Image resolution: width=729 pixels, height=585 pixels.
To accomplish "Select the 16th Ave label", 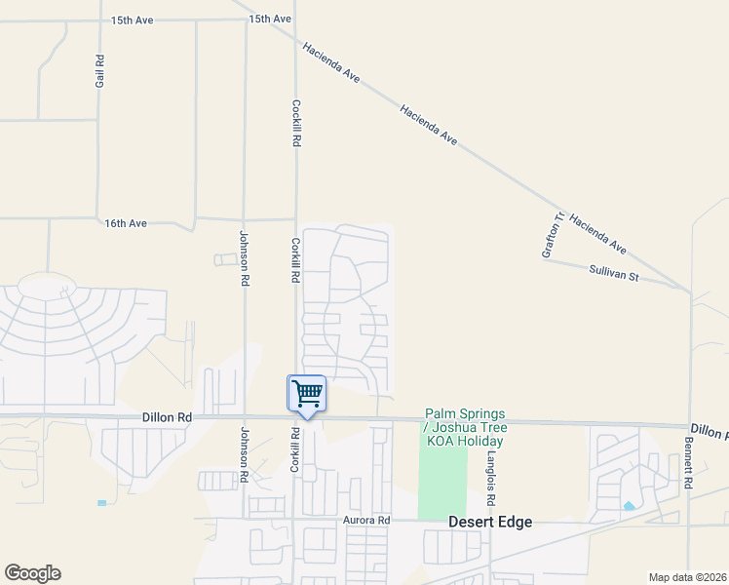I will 126,223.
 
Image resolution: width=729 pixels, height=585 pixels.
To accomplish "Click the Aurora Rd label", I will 365,520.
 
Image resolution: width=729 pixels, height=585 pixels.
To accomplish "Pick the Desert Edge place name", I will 490,522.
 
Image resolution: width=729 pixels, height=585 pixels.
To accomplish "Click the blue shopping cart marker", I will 307,395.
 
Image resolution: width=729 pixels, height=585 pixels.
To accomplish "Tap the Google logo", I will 32,573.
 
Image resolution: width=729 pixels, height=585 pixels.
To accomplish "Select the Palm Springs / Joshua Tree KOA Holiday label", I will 465,428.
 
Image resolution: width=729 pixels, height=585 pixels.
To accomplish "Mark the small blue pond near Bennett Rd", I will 629,506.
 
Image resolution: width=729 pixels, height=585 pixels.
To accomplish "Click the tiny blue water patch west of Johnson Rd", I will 101,503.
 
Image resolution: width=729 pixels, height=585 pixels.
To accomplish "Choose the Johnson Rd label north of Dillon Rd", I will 245,257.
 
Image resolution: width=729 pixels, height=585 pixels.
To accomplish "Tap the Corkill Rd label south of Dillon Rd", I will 294,450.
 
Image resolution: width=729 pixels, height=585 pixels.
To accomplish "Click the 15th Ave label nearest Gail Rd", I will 133,19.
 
